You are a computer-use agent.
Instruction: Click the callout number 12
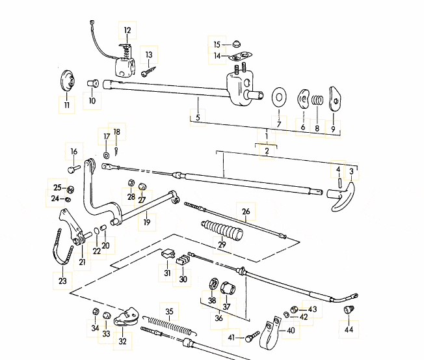click(x=127, y=30)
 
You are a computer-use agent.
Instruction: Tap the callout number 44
click(x=350, y=329)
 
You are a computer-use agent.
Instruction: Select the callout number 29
click(x=222, y=244)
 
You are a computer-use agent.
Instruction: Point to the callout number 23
click(x=62, y=282)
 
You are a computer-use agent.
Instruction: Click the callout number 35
click(x=169, y=312)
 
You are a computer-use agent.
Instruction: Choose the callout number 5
click(x=198, y=118)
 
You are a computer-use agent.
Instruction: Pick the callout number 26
click(x=246, y=211)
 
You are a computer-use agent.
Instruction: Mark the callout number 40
click(x=290, y=330)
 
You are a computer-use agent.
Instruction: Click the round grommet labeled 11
click(x=66, y=83)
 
